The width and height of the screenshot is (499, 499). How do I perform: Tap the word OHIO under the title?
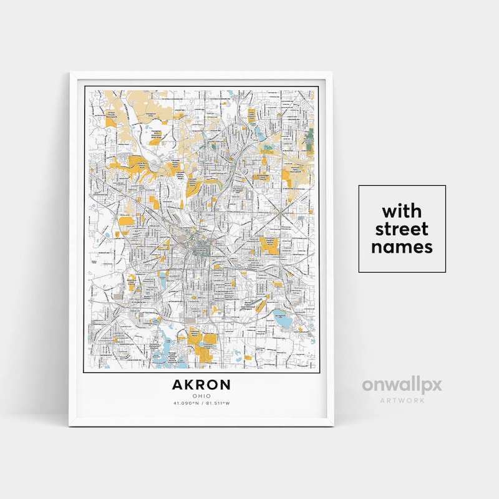click(x=201, y=395)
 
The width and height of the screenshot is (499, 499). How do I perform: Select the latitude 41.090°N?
click(x=186, y=403)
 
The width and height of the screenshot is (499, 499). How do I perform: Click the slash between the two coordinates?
click(x=201, y=403)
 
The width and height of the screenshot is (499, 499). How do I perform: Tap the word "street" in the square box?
click(x=402, y=227)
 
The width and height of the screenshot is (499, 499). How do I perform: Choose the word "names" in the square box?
click(x=402, y=246)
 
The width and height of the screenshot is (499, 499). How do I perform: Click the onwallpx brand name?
click(x=402, y=385)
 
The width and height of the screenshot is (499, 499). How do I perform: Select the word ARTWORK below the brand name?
click(x=402, y=400)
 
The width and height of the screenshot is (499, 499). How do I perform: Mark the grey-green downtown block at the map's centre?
click(x=201, y=249)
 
